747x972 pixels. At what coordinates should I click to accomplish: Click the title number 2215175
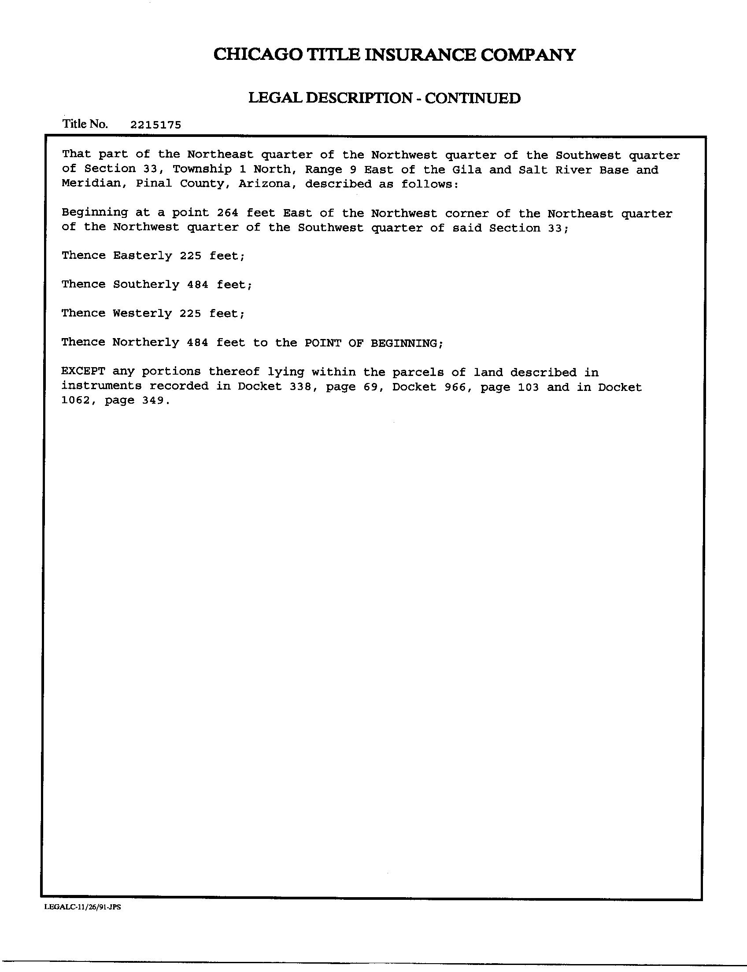coord(155,125)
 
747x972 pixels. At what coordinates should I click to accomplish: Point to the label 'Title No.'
coord(85,124)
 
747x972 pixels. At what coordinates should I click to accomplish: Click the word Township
coord(202,169)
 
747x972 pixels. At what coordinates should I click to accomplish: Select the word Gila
coord(463,170)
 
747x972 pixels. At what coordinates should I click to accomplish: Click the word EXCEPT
coord(84,372)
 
